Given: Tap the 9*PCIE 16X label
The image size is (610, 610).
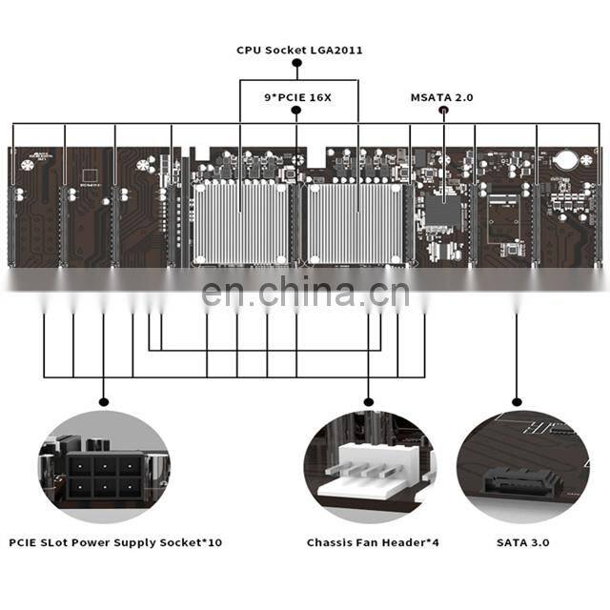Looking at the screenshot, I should click(296, 96).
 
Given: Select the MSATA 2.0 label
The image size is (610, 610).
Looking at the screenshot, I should click(441, 96).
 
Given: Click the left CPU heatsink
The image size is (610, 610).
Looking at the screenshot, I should click(240, 223).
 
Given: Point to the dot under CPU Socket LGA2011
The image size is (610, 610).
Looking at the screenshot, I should click(296, 64).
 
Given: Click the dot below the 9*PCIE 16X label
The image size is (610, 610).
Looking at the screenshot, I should click(296, 111).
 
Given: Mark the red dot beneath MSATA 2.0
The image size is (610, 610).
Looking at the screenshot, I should click(442, 111).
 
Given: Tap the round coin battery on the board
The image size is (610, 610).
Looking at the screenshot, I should click(567, 160).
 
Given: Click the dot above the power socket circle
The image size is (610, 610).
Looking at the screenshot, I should click(103, 401).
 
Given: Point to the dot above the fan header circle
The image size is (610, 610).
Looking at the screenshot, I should click(369, 401).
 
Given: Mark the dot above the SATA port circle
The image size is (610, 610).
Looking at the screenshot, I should click(517, 401).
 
